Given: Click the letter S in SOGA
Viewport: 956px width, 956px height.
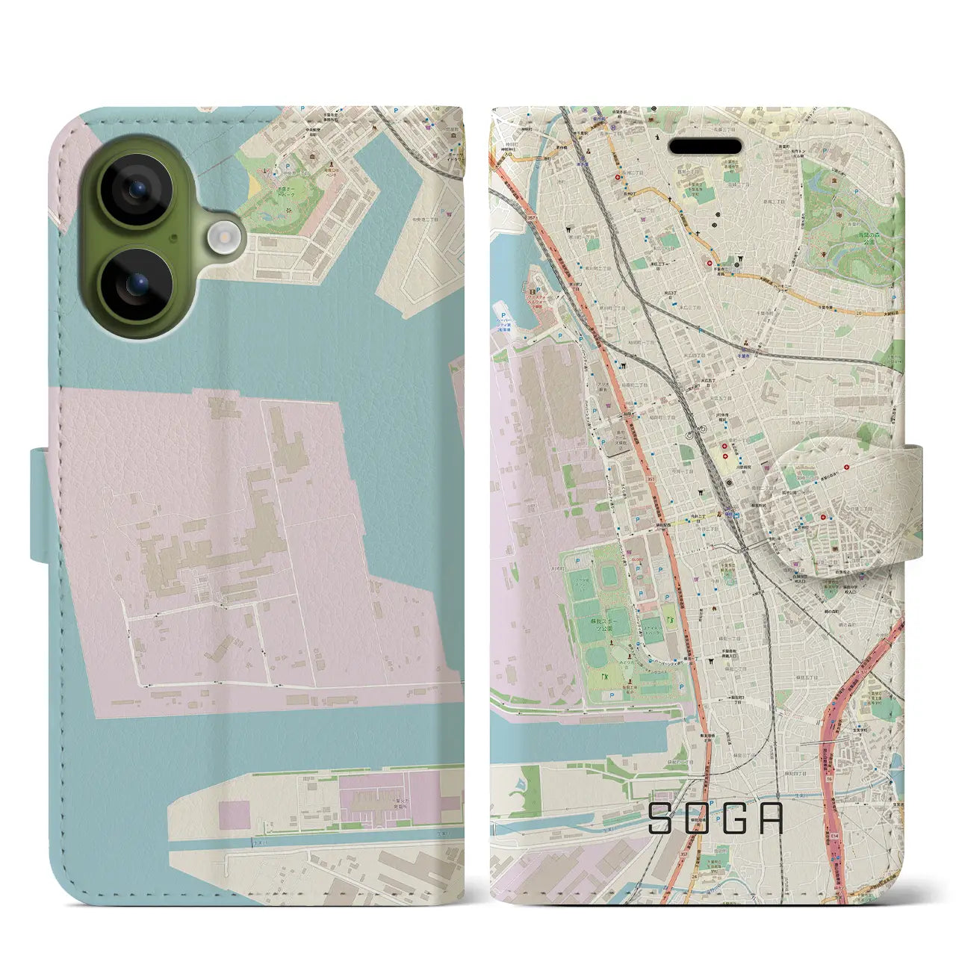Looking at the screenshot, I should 662,819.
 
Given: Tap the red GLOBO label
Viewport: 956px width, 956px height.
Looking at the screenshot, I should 636,557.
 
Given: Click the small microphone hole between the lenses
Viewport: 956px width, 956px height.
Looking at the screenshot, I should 174,238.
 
